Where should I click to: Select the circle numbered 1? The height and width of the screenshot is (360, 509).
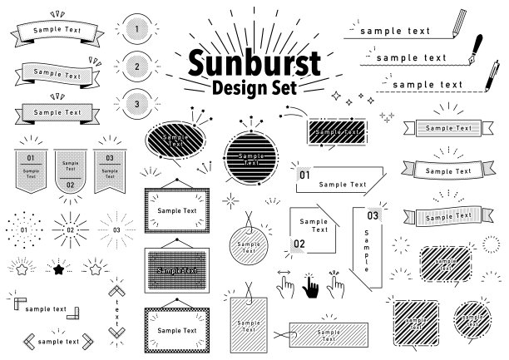click(x=136, y=28)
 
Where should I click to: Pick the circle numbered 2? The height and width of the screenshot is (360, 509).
click(x=136, y=66)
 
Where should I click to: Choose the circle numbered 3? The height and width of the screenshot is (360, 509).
click(x=136, y=104)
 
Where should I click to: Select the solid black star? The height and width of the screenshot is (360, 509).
click(x=59, y=269)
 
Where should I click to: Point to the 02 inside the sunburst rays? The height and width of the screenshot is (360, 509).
click(x=71, y=229)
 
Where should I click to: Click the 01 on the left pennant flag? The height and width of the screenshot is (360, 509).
click(x=30, y=157)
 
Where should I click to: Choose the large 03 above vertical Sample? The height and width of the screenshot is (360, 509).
click(x=373, y=216)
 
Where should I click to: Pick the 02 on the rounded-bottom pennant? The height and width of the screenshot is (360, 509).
click(x=70, y=185)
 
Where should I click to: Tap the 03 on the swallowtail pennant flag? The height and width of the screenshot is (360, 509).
click(x=109, y=157)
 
